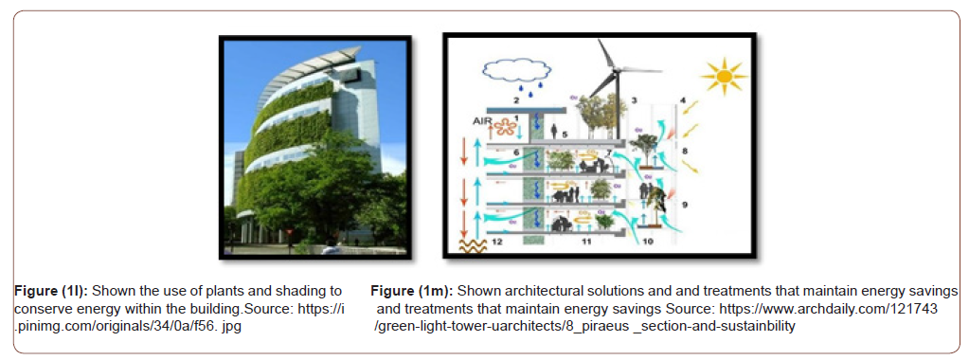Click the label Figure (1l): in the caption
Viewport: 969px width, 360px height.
point(52,290)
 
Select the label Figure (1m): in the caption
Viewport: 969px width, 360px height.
point(408,290)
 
